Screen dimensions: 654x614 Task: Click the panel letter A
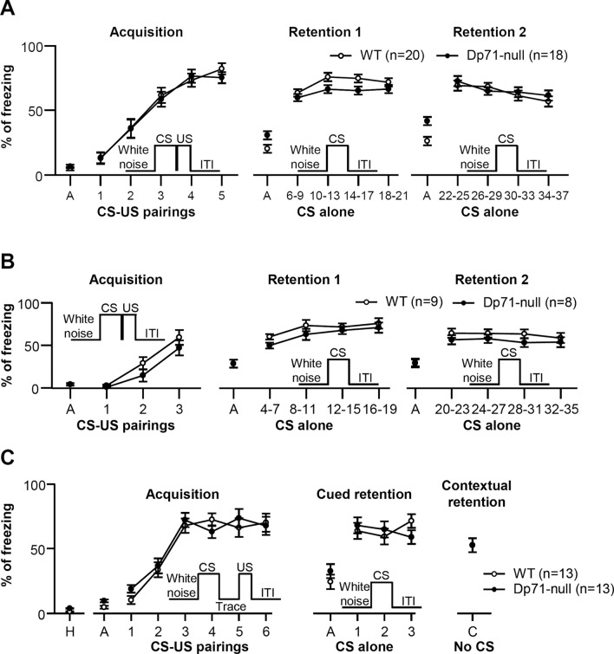click(10, 10)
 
